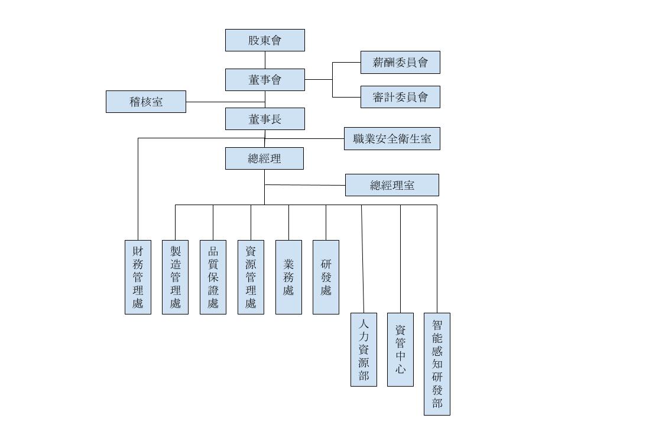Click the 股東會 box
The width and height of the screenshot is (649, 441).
[x=265, y=40]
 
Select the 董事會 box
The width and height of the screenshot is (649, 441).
[x=265, y=80]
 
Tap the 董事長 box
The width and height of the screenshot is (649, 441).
[x=265, y=119]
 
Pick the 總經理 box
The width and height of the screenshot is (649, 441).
[x=264, y=158]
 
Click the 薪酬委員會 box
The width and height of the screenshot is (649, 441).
[x=400, y=62]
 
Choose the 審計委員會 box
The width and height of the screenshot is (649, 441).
[x=400, y=97]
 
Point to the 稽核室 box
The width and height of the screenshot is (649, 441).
[x=146, y=102]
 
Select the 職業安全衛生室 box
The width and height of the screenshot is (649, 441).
[x=392, y=139]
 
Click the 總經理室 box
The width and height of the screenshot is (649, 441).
[x=392, y=185]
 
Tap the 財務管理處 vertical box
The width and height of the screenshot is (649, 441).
[x=138, y=277]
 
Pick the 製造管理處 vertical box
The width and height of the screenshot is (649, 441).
[x=175, y=277]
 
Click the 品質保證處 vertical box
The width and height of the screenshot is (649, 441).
[x=213, y=277]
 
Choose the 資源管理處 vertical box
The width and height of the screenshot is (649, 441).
[x=251, y=277]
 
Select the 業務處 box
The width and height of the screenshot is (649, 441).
[x=288, y=277]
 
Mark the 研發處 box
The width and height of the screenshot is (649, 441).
[x=326, y=277]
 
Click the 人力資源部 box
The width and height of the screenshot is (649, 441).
[x=364, y=349]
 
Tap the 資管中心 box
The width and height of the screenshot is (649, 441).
[x=400, y=349]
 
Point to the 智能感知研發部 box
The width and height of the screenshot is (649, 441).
[x=437, y=364]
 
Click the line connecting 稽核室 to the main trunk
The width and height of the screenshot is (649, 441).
[x=225, y=102]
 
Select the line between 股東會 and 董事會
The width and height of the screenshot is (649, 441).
[x=265, y=60]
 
